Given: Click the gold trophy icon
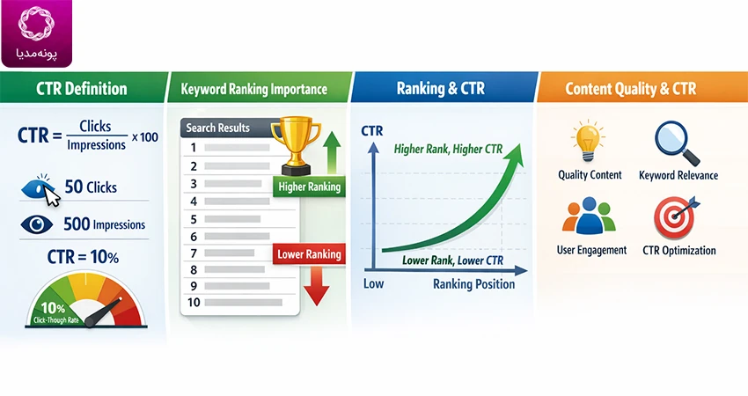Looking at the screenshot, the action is coord(296,145).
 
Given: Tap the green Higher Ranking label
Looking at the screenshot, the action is coord(309,187).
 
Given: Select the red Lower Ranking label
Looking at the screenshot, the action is coord(309,253).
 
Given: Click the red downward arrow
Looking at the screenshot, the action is coord(317,285).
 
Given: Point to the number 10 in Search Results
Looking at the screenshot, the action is coord(194,302).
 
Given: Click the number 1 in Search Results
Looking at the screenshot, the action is coord(194,148).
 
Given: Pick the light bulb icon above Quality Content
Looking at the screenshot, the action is coord(588,141).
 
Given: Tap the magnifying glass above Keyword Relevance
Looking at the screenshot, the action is coord(677,143).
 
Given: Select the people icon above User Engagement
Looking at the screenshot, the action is coord(589,216).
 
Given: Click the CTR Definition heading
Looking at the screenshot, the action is coord(82,88).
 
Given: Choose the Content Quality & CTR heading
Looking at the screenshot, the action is coord(631,88).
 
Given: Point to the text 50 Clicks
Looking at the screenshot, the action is coord(91,187).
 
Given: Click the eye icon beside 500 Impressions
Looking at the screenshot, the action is coord(37,224).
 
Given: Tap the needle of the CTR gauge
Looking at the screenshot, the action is coord(104,312).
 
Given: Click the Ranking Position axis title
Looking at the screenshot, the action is coord(473,284).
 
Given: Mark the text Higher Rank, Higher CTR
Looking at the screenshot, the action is coord(448,150).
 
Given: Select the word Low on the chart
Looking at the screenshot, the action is coord(373,284).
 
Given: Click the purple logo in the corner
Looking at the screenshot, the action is coord(37,33).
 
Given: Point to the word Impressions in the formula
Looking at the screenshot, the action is coord(97,145).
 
